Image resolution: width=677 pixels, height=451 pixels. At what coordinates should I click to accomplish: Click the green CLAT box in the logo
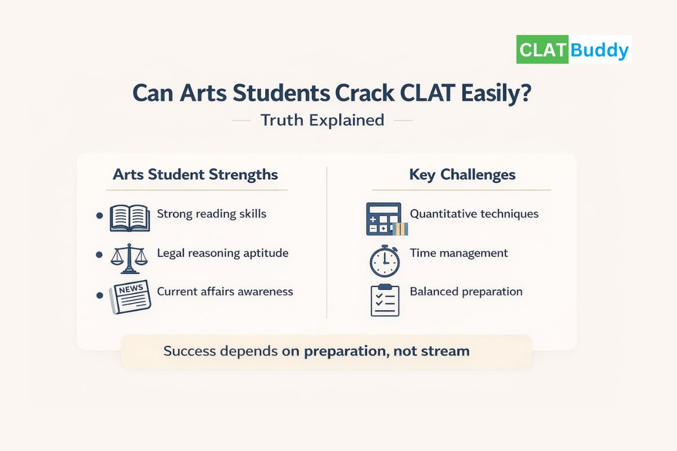[x=543, y=50]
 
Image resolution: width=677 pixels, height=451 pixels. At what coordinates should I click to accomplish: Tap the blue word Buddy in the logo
[x=599, y=50]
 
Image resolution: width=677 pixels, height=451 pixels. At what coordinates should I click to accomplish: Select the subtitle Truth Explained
[x=322, y=120]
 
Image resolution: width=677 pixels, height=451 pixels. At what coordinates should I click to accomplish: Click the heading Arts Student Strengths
[x=195, y=174]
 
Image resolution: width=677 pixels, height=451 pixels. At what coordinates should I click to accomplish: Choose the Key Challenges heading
[x=462, y=174]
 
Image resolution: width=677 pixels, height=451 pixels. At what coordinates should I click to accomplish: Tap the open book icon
[x=130, y=218]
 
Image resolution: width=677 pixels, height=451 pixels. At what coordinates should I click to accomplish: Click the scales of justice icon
[x=129, y=257]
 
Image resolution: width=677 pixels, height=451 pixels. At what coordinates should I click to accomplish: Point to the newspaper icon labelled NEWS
[x=130, y=296]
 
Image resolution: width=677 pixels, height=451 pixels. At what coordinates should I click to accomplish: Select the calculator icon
[x=384, y=219]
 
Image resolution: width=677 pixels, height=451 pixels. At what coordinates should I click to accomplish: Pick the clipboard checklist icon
[x=385, y=300]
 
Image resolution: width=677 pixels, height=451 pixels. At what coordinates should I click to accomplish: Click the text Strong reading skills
[x=212, y=214]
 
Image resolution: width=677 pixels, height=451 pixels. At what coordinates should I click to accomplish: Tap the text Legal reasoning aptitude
[x=222, y=253]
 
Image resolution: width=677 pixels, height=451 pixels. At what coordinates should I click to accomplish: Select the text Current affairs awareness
[x=225, y=291]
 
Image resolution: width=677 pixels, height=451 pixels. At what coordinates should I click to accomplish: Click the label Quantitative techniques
[x=474, y=214]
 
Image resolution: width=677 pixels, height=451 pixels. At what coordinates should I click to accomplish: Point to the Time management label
[x=459, y=253]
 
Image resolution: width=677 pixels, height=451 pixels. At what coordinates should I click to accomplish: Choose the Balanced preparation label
[x=466, y=291]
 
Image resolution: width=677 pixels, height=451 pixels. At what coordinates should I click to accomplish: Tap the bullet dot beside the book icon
[x=100, y=215]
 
